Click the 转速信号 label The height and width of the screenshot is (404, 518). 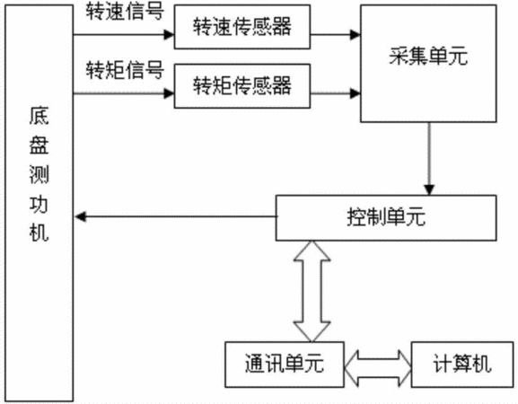coord(125,12)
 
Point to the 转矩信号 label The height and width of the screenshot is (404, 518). coord(125,70)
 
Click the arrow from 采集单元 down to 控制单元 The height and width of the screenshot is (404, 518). coord(429,159)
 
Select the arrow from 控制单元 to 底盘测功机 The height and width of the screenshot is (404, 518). coord(175,216)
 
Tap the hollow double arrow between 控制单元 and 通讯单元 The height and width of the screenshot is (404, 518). coord(312,291)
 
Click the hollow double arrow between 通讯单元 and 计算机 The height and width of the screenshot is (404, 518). coord(378,368)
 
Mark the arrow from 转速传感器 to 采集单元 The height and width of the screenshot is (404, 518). coord(336,34)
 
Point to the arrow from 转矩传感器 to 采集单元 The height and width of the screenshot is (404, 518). coord(336,93)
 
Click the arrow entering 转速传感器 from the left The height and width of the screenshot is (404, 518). coord(124,34)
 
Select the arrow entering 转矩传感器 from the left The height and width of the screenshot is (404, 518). coord(124,93)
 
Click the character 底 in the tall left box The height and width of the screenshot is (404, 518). coord(39,116)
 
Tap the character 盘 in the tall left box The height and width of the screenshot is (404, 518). coord(39,145)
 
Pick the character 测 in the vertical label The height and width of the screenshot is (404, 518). coord(39,174)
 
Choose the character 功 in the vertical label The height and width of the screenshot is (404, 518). coord(39,203)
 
